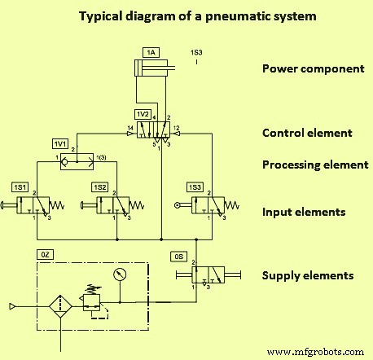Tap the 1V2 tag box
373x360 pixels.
[x=143, y=112]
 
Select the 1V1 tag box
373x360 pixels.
[x=59, y=143]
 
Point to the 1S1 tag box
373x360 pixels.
[x=20, y=187]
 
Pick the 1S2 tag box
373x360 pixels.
[x=100, y=187]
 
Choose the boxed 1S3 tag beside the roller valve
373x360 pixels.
[x=195, y=187]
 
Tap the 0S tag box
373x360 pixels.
[x=179, y=256]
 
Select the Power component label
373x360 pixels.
[x=312, y=68]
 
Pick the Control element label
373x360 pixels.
[x=306, y=133]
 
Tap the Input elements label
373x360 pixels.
[x=304, y=213]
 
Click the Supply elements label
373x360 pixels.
[x=307, y=275]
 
